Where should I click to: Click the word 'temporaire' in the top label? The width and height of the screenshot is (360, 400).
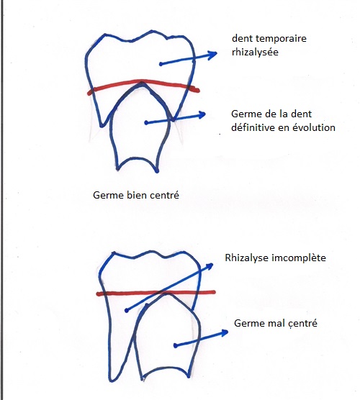point(281,39)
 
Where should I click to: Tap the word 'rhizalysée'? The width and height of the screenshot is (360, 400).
point(255,52)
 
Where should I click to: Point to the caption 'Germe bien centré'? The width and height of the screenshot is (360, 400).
point(136,196)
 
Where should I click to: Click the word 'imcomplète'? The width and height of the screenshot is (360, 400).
point(299,258)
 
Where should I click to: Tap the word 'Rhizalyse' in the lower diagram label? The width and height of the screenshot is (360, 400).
point(247,258)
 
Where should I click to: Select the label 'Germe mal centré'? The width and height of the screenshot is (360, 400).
point(276,324)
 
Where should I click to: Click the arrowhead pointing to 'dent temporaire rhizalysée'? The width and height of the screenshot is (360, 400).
point(212,55)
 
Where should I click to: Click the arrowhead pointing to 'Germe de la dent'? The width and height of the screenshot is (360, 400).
point(201,115)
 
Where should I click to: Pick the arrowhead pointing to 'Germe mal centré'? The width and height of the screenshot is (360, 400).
point(224,333)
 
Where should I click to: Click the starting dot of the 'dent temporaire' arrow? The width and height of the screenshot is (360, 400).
point(161,64)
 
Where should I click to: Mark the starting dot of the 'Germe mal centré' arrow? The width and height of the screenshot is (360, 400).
point(175,345)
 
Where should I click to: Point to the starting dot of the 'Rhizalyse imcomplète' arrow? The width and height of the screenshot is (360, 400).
point(127,311)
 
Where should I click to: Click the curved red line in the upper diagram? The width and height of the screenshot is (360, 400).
point(143,81)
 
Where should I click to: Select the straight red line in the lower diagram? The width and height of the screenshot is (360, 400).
point(156,293)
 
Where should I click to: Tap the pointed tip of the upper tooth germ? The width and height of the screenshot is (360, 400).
point(142,83)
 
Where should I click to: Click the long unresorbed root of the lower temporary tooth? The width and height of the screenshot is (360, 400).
point(120,340)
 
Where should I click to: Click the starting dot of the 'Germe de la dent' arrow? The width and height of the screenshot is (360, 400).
point(146,123)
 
